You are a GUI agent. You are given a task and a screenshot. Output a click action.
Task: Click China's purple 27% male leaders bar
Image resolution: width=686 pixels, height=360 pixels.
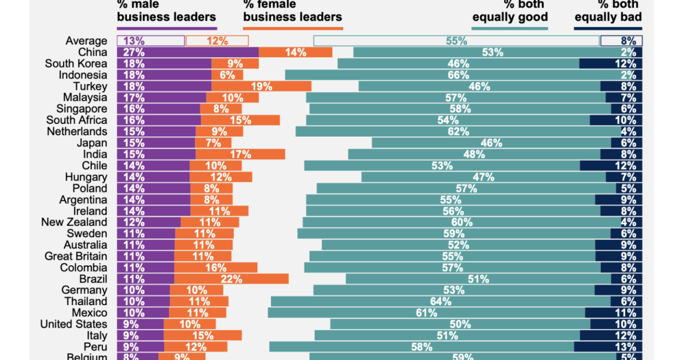pyautogui.click(x=188, y=52)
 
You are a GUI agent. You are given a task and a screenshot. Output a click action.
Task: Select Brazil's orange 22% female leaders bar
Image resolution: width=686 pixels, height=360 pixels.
pyautogui.click(x=231, y=279)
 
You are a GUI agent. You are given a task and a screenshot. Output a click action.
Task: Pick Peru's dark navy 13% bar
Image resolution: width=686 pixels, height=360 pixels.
pyautogui.click(x=608, y=347)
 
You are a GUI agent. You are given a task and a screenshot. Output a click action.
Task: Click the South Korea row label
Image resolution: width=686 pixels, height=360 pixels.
pyautogui.click(x=76, y=63)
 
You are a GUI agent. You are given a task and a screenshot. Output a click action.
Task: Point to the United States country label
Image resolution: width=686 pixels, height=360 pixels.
pyautogui.click(x=73, y=324)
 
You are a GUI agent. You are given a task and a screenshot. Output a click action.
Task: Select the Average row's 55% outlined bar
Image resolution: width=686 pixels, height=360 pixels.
pyautogui.click(x=456, y=41)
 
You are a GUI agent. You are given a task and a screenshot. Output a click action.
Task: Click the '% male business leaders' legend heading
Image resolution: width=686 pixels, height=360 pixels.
pyautogui.click(x=166, y=11)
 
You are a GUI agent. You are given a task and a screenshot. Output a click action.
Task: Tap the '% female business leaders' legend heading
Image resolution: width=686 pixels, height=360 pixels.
pyautogui.click(x=292, y=11)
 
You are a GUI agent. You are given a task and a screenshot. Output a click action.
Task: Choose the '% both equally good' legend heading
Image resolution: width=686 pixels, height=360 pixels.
pyautogui.click(x=510, y=11)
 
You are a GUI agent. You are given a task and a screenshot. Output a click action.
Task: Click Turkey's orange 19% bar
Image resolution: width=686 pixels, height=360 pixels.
pyautogui.click(x=261, y=86)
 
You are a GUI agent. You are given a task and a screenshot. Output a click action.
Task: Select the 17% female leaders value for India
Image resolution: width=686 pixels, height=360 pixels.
pyautogui.click(x=241, y=154)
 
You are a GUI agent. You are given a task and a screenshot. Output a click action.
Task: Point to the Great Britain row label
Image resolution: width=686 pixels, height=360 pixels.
pyautogui.click(x=75, y=256)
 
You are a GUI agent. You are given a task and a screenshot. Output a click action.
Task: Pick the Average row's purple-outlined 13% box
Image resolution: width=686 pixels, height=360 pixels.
pyautogui.click(x=150, y=41)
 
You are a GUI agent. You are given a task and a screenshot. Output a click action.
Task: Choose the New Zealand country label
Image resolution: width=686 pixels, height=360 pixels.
pyautogui.click(x=74, y=222)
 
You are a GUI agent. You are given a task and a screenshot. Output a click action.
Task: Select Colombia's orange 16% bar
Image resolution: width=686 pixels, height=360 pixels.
pyautogui.click(x=216, y=267)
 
